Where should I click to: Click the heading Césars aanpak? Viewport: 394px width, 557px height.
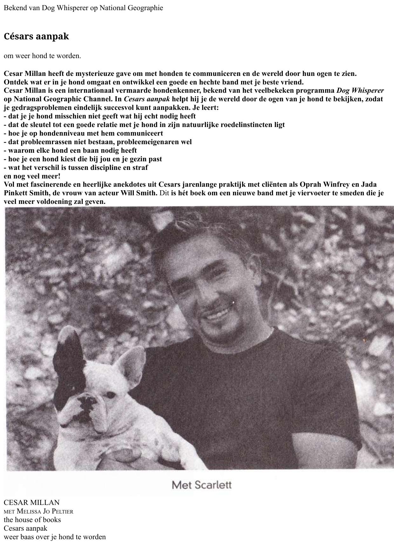[x=36, y=36]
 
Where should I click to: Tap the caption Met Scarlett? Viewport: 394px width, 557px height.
[x=201, y=485]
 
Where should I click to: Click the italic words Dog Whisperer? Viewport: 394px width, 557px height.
[x=360, y=91]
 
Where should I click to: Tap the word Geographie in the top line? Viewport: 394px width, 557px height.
[x=145, y=8]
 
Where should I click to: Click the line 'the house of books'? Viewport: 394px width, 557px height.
[x=32, y=520]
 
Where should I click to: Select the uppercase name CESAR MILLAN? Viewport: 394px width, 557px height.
[x=31, y=502]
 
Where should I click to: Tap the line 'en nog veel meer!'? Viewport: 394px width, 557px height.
[x=32, y=176]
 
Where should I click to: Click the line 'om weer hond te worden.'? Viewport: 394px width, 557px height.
[x=42, y=56]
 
